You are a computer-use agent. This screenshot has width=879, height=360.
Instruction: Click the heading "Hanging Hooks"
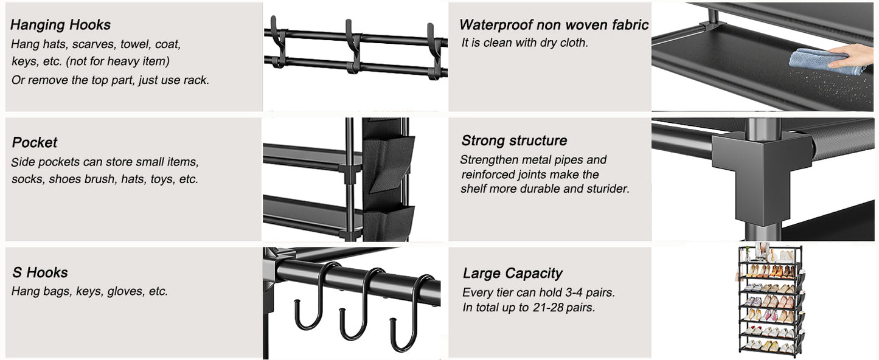pyautogui.click(x=60, y=25)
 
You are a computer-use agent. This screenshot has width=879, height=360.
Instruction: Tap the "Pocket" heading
pyautogui.click(x=35, y=142)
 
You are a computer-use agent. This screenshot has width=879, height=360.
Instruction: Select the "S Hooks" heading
pyautogui.click(x=40, y=272)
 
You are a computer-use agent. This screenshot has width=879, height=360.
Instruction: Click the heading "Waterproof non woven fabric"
pyautogui.click(x=554, y=25)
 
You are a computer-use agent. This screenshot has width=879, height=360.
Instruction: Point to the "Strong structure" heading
pyautogui.click(x=514, y=140)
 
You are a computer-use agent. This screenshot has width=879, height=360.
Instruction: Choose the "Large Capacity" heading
pyautogui.click(x=512, y=273)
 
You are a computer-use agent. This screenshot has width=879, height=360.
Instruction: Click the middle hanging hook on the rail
pyautogui.click(x=353, y=46)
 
